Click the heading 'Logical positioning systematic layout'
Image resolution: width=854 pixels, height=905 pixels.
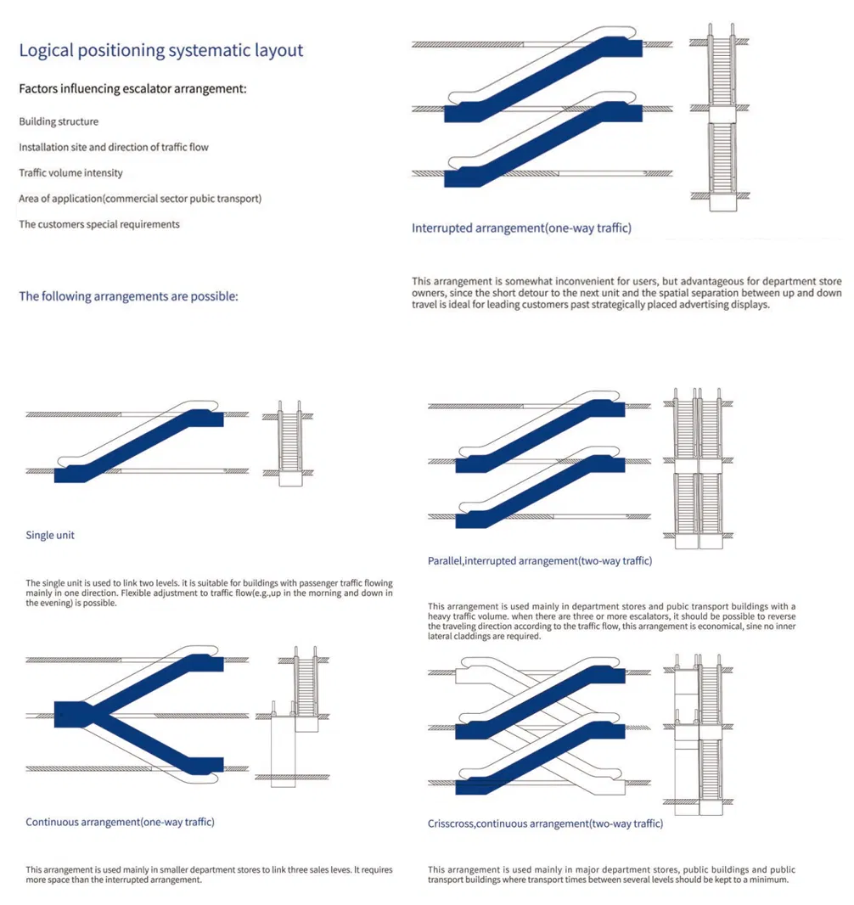(x=160, y=50)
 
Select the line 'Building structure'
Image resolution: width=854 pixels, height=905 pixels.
(x=59, y=121)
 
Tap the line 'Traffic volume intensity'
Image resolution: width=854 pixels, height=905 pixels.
(x=70, y=173)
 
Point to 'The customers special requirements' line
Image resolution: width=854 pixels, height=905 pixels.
(x=99, y=225)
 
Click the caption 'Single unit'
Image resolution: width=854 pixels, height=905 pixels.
(x=50, y=536)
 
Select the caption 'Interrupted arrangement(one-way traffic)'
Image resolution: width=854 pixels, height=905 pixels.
(x=521, y=228)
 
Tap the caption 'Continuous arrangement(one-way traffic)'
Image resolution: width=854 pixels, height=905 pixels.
(x=120, y=822)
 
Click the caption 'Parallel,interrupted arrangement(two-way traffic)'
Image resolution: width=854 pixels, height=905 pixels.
(x=540, y=561)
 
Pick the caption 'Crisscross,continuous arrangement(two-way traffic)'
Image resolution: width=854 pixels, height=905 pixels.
(x=545, y=823)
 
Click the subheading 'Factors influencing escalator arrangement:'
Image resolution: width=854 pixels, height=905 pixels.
(x=132, y=88)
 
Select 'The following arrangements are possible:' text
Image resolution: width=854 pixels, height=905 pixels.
(x=128, y=297)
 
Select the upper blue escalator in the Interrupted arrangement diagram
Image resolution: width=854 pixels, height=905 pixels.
(x=543, y=81)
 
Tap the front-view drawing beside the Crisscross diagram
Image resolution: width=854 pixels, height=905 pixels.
(x=699, y=730)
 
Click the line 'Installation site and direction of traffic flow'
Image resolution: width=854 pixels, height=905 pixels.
(x=114, y=148)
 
